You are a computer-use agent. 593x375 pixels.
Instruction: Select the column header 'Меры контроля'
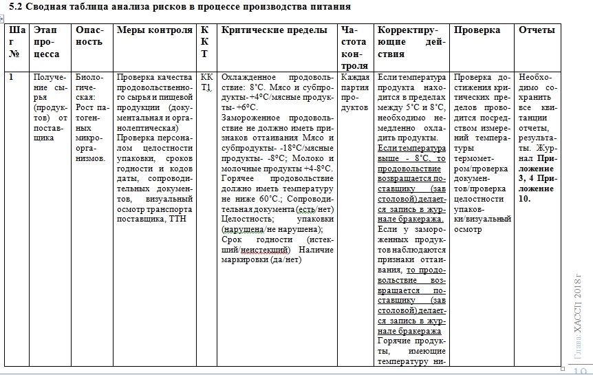point(154,30)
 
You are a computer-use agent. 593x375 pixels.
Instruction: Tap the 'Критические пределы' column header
point(274,30)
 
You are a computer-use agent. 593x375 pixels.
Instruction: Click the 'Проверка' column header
point(477,30)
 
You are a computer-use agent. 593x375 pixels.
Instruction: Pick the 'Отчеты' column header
point(537,30)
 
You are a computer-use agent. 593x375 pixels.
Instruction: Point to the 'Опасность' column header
point(90,36)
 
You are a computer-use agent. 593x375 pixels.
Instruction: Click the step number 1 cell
point(11,78)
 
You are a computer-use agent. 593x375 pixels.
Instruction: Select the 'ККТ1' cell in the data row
point(206,83)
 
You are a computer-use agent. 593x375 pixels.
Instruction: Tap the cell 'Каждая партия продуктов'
point(355,92)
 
